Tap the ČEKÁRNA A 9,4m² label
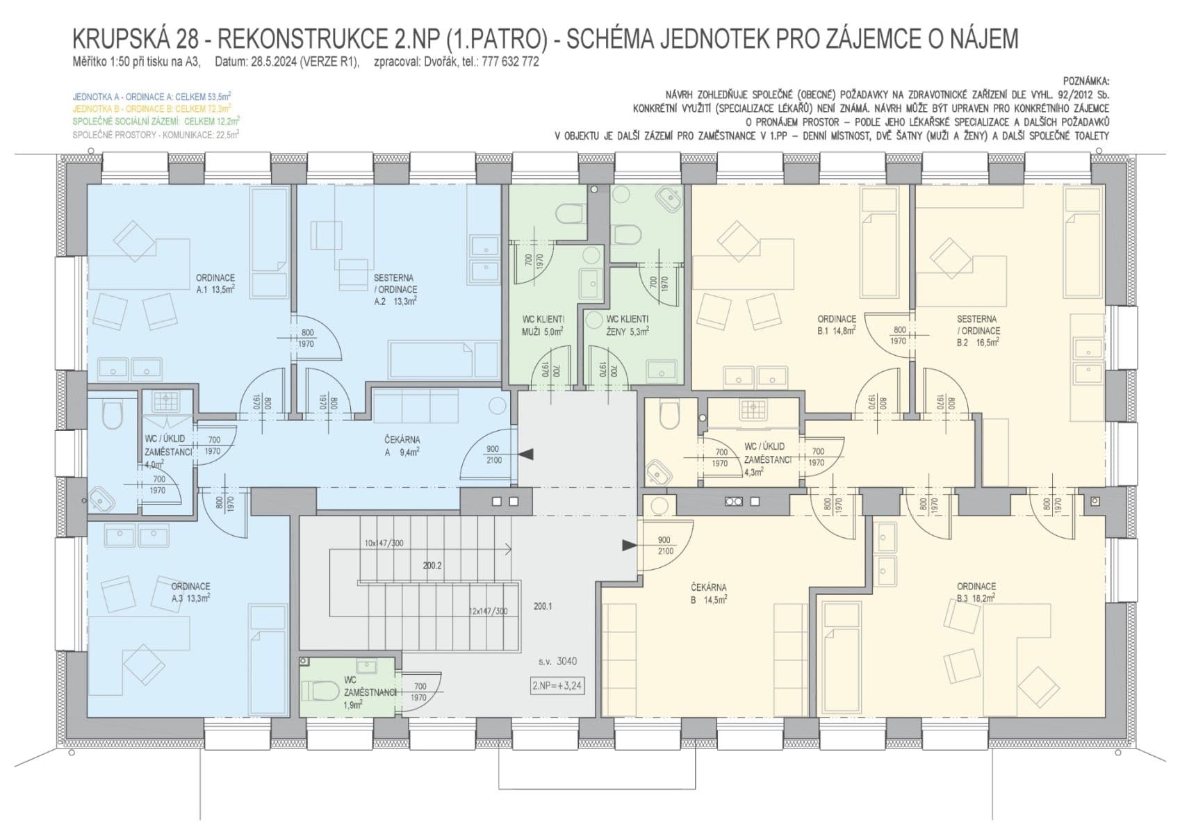coord(402,445)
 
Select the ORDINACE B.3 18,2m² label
coord(976,592)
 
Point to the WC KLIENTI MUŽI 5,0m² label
coord(543,325)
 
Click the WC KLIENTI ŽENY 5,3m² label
coord(627,325)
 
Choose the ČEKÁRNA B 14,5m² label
coord(709,594)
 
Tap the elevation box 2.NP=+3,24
coord(557,685)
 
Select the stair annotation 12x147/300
coord(488,612)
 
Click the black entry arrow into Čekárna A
coord(527,455)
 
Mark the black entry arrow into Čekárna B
coord(629,546)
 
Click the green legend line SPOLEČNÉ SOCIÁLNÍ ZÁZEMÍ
coord(156,121)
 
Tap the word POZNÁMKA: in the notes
coord(1086,81)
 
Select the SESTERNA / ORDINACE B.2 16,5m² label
coord(978,331)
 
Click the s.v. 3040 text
coord(557,661)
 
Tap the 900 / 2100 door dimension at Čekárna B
coord(664,546)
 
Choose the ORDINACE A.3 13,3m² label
coord(190,592)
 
